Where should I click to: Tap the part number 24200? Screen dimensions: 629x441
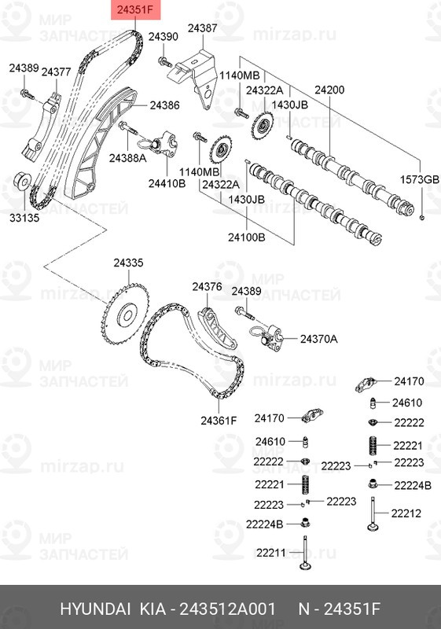pos(329,90)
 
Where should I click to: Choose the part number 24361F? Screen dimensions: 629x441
pos(219,419)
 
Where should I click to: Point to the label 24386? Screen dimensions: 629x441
pos(164,104)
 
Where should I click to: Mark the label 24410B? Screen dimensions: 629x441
pos(168,182)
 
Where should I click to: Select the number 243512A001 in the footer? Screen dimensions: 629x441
pos(227,610)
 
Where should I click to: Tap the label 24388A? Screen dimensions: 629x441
pos(127,158)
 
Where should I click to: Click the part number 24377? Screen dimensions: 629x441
pos(57,72)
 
